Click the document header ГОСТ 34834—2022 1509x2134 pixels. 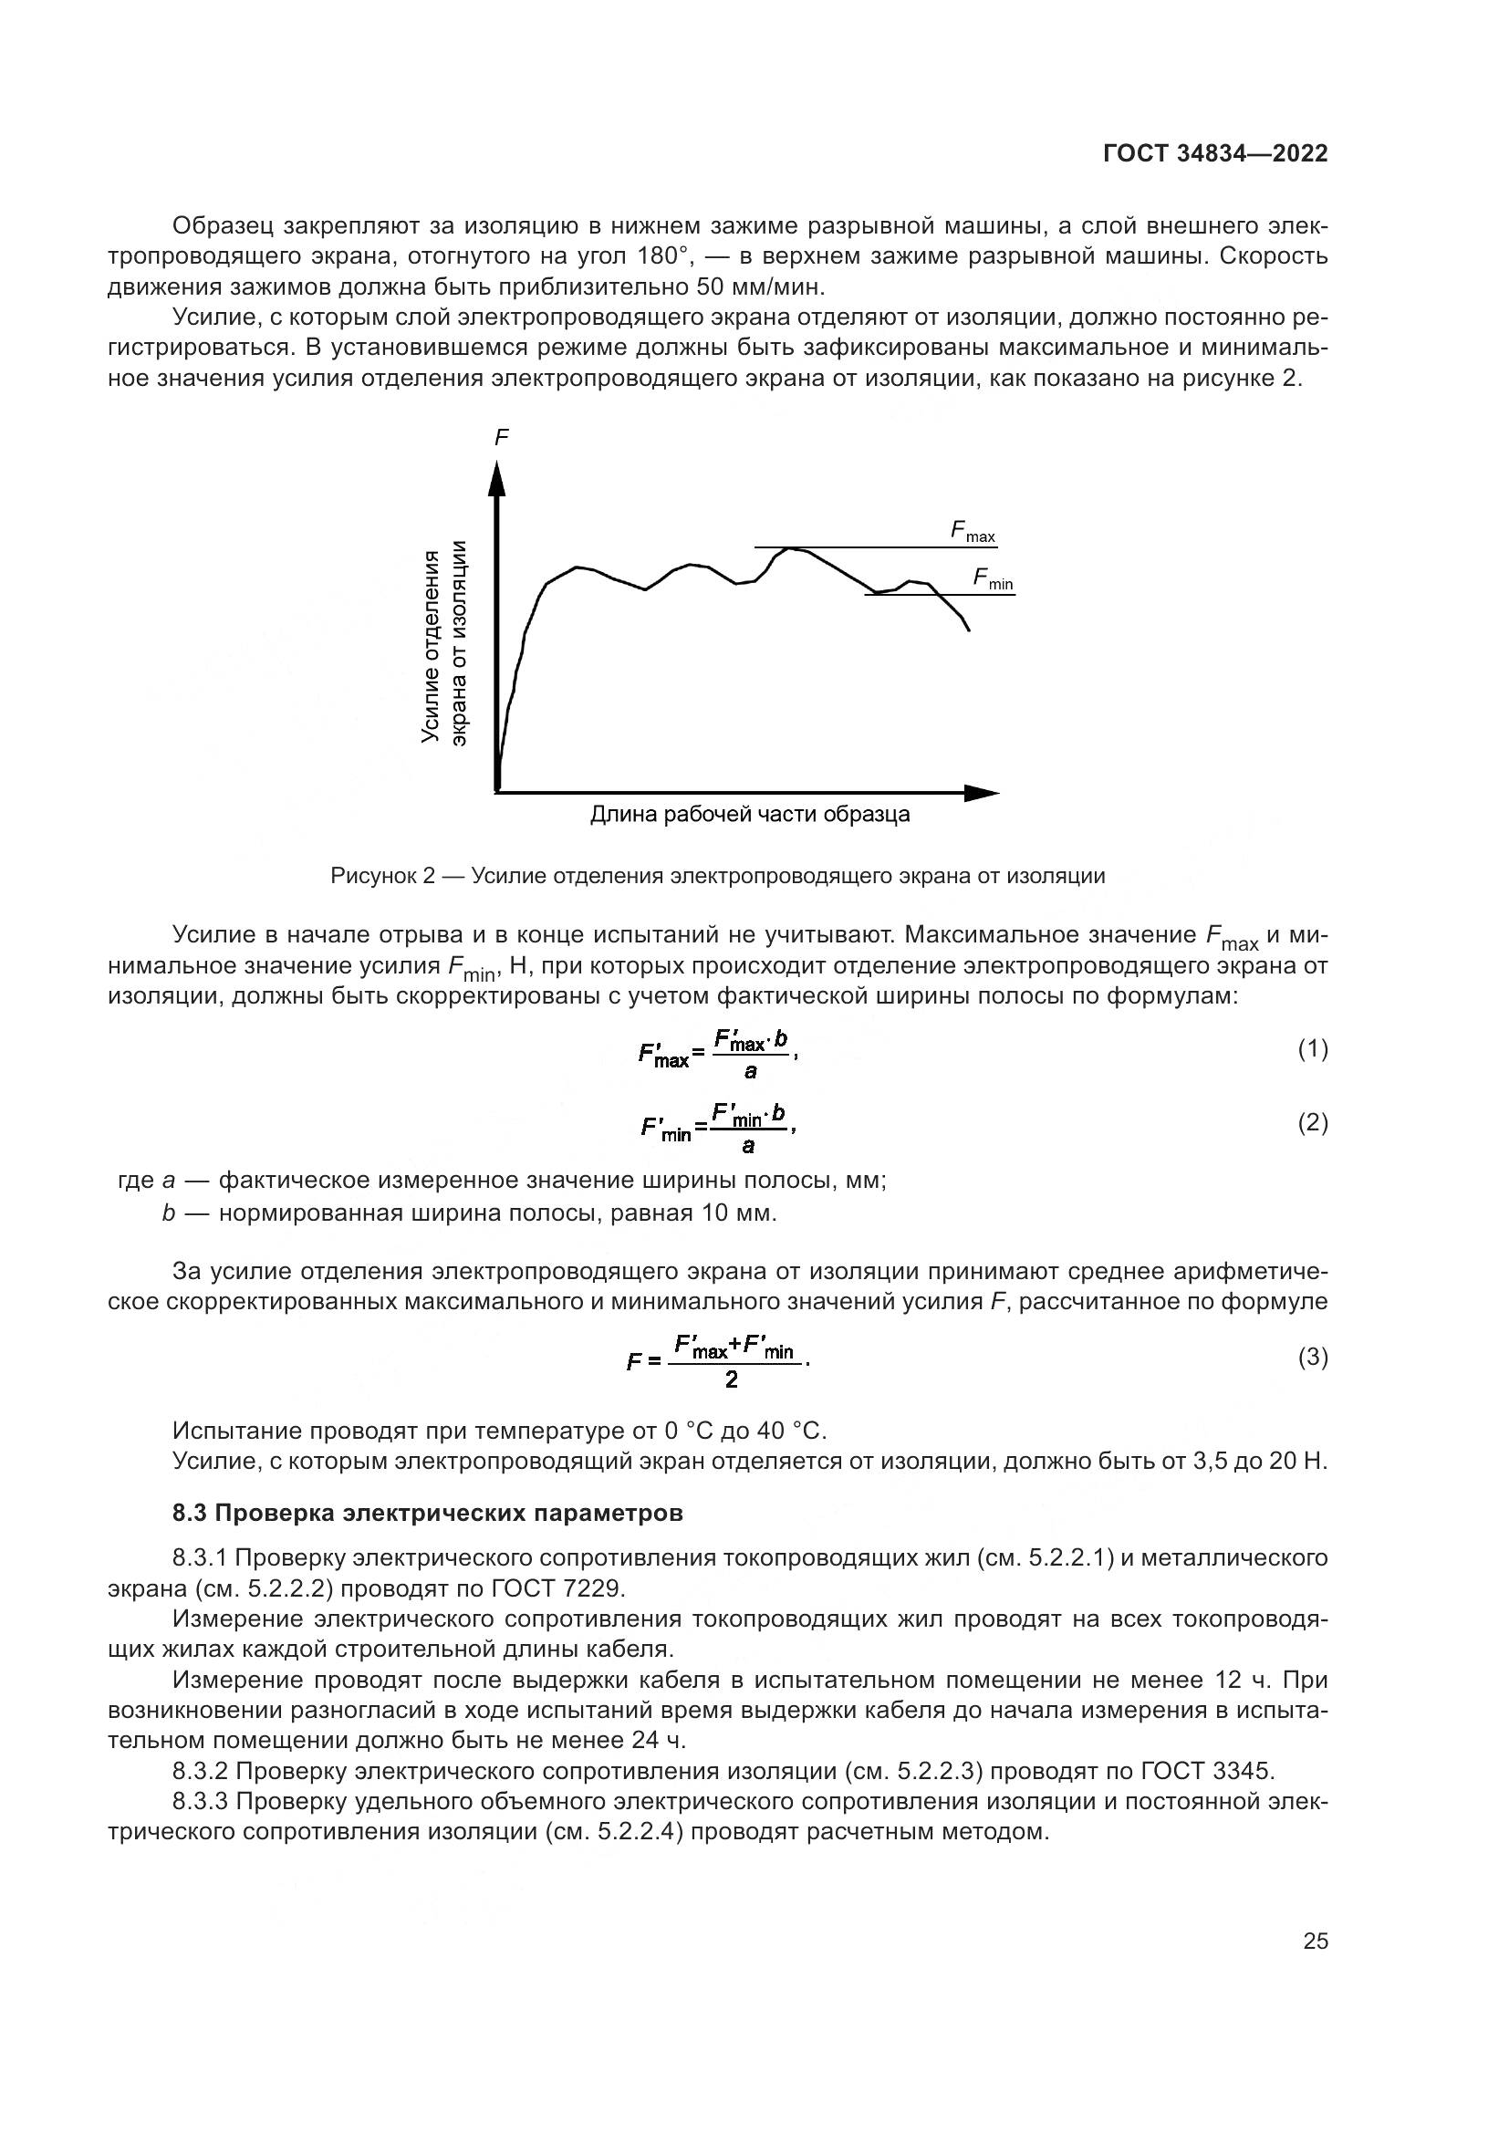coord(1214,153)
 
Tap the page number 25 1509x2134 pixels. coord(1315,1941)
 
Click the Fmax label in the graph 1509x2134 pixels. coord(972,532)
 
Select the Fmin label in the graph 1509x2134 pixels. coord(993,579)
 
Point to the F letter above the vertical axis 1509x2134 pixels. coord(501,437)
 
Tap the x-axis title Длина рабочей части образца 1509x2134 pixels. coord(750,815)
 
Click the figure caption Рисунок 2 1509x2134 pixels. coord(383,876)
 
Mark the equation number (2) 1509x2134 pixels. coord(1312,1123)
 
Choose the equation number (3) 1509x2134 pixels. coord(1312,1358)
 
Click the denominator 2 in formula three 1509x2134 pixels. coord(732,1379)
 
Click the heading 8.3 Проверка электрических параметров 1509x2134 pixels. coord(427,1513)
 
